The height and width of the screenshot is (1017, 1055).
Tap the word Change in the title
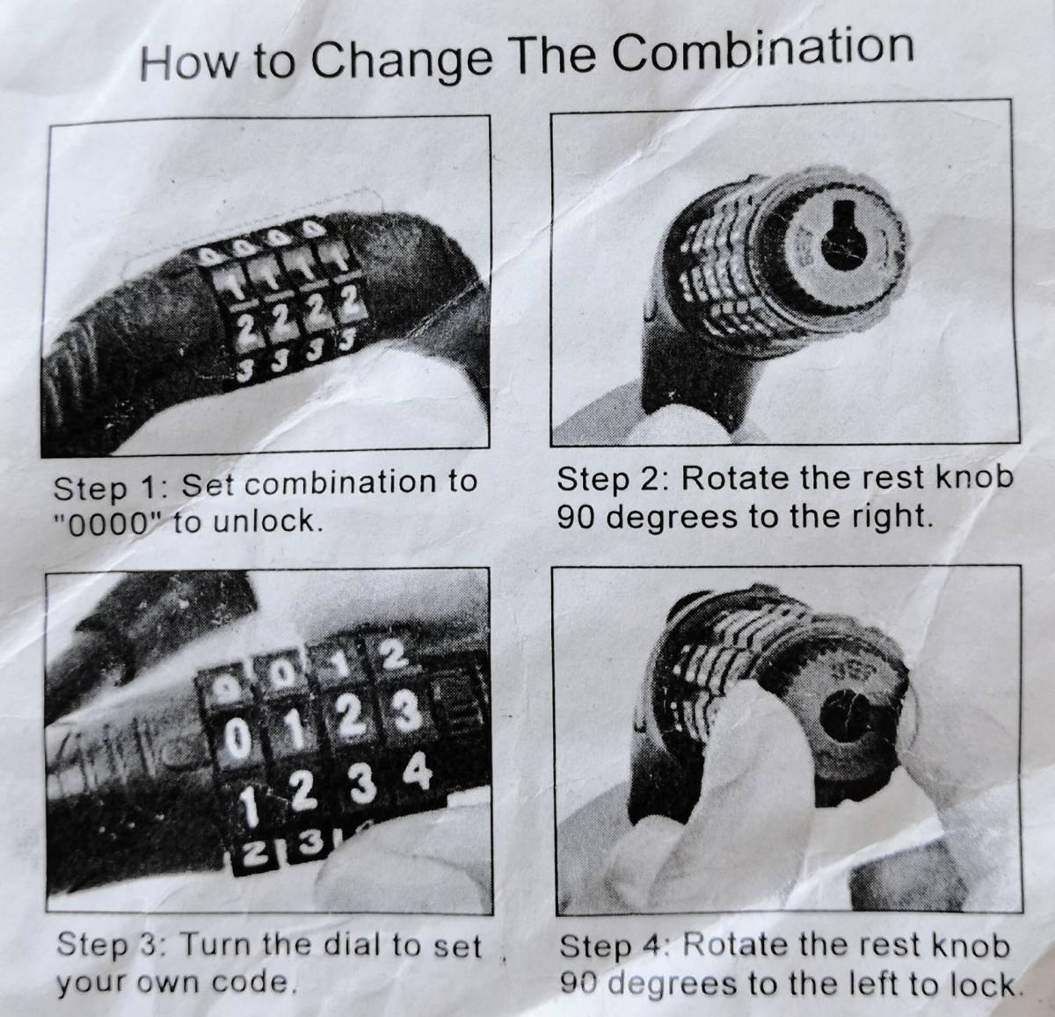401,60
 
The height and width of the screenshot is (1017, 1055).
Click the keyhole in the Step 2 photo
844,236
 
